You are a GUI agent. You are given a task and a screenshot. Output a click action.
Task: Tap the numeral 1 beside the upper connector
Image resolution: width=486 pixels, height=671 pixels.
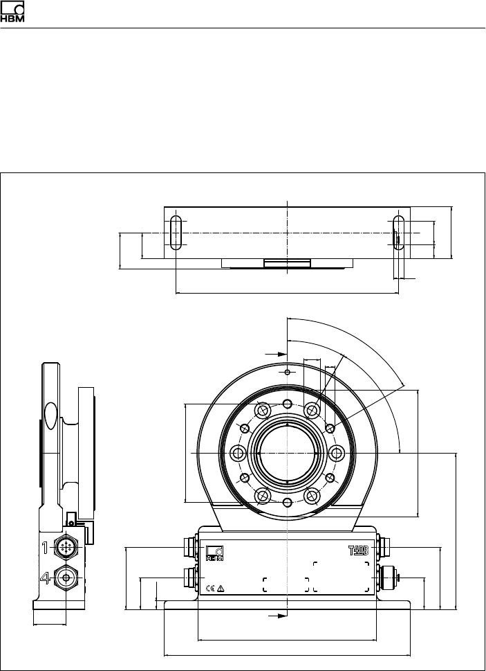click(44, 547)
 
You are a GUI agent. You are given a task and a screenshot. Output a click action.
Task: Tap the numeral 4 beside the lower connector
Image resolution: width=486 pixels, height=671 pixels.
click(44, 578)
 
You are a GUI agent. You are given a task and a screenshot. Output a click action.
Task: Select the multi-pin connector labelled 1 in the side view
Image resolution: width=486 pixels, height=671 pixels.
click(66, 547)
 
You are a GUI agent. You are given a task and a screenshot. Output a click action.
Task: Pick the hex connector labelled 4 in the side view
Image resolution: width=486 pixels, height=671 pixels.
click(66, 577)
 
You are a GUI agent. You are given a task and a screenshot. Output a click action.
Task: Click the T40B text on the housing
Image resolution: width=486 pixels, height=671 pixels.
click(355, 552)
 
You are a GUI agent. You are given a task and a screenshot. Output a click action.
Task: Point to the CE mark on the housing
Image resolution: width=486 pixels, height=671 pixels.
click(210, 588)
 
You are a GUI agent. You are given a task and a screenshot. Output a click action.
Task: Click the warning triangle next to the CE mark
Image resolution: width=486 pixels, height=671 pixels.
click(221, 588)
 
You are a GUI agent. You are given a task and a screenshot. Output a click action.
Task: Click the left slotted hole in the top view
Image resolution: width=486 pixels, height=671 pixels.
click(176, 231)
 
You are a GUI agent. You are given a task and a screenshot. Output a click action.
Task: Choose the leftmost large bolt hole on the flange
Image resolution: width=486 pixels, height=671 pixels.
click(238, 454)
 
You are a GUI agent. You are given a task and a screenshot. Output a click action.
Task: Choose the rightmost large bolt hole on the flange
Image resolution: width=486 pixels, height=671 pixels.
click(337, 454)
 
